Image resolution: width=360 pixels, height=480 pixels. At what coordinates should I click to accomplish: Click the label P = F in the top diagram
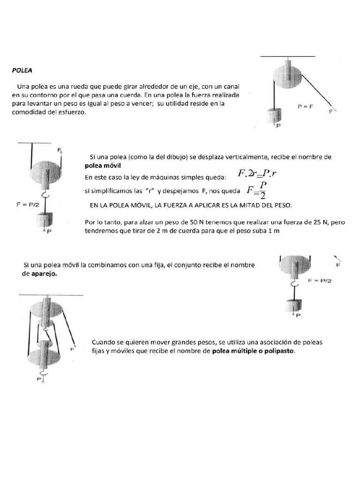coord(305,106)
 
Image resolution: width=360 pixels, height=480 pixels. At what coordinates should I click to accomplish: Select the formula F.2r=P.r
coord(258,174)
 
